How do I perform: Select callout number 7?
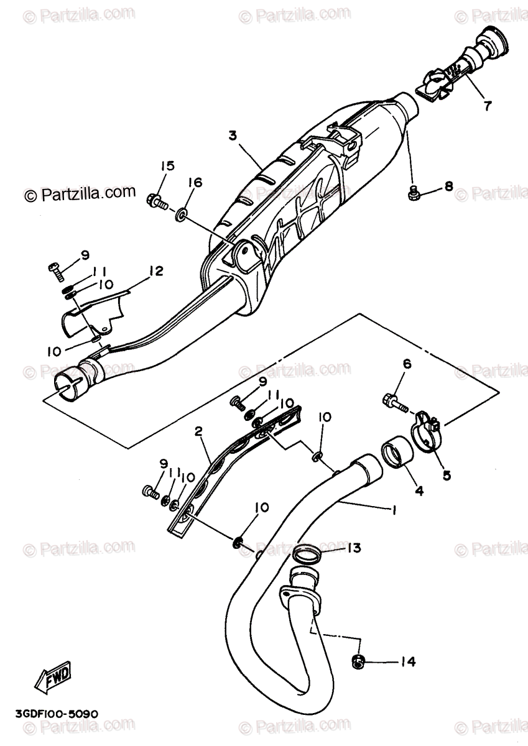(487, 106)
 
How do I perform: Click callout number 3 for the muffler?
(233, 135)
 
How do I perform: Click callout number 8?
(448, 187)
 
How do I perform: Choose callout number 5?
(447, 476)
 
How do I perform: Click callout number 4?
(419, 490)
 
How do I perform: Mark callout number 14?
(408, 662)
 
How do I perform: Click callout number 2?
(198, 431)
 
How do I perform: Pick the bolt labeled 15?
(156, 201)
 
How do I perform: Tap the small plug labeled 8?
(412, 194)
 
